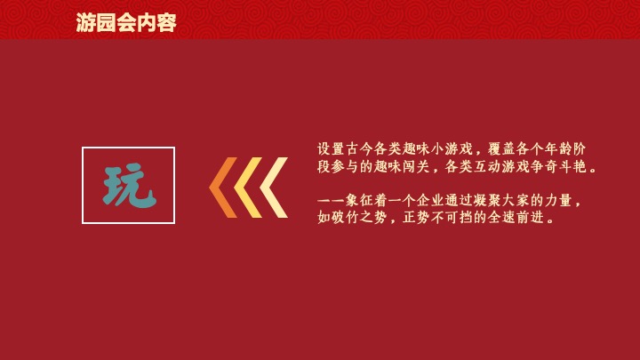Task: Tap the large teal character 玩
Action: click(129, 186)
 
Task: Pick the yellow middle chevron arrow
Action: click(248, 188)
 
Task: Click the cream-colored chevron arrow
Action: click(274, 188)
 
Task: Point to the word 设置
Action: click(331, 148)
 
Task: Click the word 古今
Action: click(357, 148)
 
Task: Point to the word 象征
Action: click(357, 200)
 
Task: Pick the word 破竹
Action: click(344, 218)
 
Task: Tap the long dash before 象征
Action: click(331, 200)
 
